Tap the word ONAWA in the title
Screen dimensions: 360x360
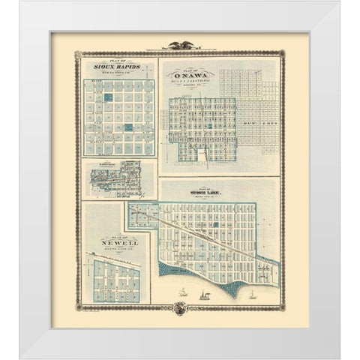click(190, 74)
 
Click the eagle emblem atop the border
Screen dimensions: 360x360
click(180, 46)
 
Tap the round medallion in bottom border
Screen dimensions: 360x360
click(180, 307)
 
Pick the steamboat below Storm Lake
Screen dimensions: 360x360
click(202, 297)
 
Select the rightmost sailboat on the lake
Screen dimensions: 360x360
click(253, 295)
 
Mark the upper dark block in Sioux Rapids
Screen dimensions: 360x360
click(108, 97)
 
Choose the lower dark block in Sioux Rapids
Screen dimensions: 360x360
click(128, 127)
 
